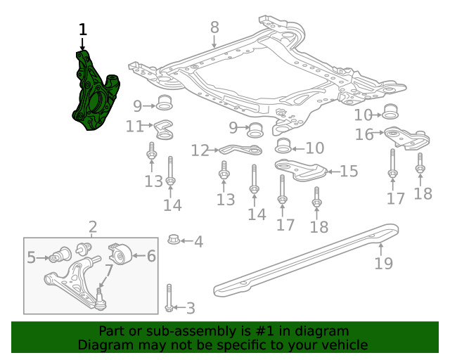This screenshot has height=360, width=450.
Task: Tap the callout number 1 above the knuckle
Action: [x=83, y=30]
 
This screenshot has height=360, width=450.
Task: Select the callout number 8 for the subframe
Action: [x=214, y=27]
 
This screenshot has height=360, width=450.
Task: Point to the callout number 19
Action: [x=383, y=264]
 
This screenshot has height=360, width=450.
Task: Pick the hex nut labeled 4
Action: [x=174, y=241]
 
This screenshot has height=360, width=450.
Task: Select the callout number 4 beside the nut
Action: [x=199, y=243]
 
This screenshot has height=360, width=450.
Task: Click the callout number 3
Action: [x=191, y=308]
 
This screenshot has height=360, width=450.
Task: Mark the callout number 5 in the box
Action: [x=31, y=259]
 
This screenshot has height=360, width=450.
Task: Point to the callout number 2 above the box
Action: [x=93, y=227]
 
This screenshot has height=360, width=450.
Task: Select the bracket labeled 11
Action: [x=165, y=130]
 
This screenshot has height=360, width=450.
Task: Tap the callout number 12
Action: [x=200, y=150]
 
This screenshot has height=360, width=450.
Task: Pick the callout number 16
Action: [x=364, y=134]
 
